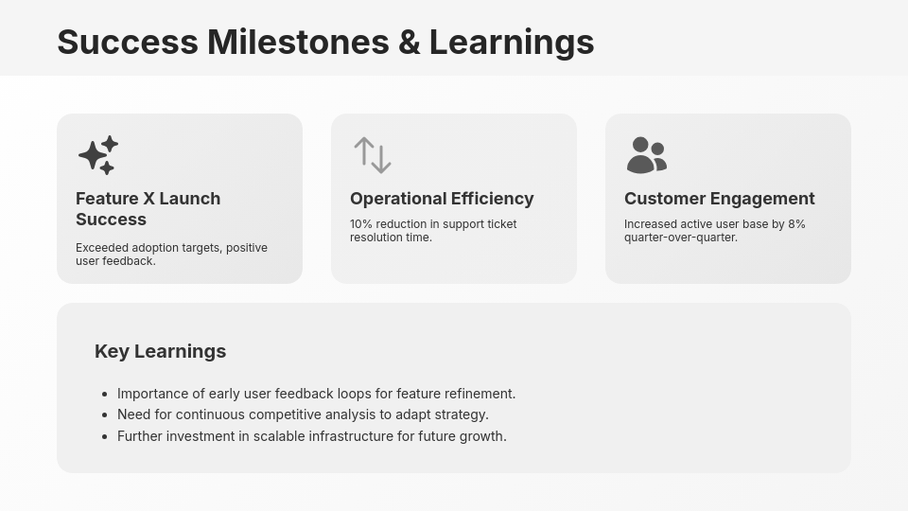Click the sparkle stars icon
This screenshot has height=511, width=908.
(x=98, y=155)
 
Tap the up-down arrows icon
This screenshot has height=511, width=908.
(x=373, y=155)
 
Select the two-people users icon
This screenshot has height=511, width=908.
(x=647, y=155)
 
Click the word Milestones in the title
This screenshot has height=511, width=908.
(x=298, y=43)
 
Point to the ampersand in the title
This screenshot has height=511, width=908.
(x=410, y=43)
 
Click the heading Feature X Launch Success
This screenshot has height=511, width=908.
(x=148, y=209)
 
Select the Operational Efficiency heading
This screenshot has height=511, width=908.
(x=442, y=199)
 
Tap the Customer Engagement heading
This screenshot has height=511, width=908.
(x=719, y=199)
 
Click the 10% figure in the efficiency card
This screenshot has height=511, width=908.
(x=361, y=224)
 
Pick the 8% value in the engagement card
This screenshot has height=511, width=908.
(x=796, y=224)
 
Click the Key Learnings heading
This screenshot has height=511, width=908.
(x=160, y=351)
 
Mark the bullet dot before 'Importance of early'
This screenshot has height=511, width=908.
(x=104, y=394)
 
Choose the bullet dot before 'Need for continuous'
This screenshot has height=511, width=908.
(x=104, y=415)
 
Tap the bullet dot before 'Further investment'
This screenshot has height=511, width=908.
(x=104, y=436)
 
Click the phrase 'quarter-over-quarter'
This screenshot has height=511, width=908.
(x=679, y=238)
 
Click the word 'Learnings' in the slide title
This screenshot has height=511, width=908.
(x=512, y=43)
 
